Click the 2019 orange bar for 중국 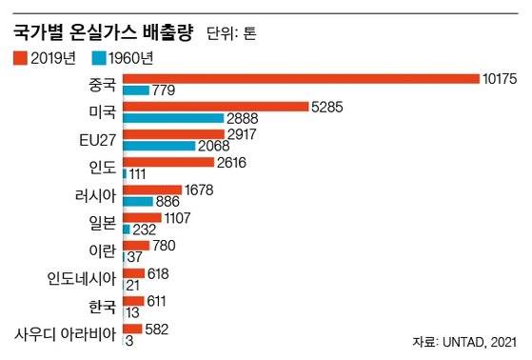pyautogui.click(x=301, y=78)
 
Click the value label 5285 pyautogui.click(x=328, y=106)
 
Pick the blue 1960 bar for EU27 pyautogui.click(x=158, y=146)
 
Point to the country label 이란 pyautogui.click(x=102, y=251)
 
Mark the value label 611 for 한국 pyautogui.click(x=158, y=300)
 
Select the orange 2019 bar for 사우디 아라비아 pyautogui.click(x=132, y=329)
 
